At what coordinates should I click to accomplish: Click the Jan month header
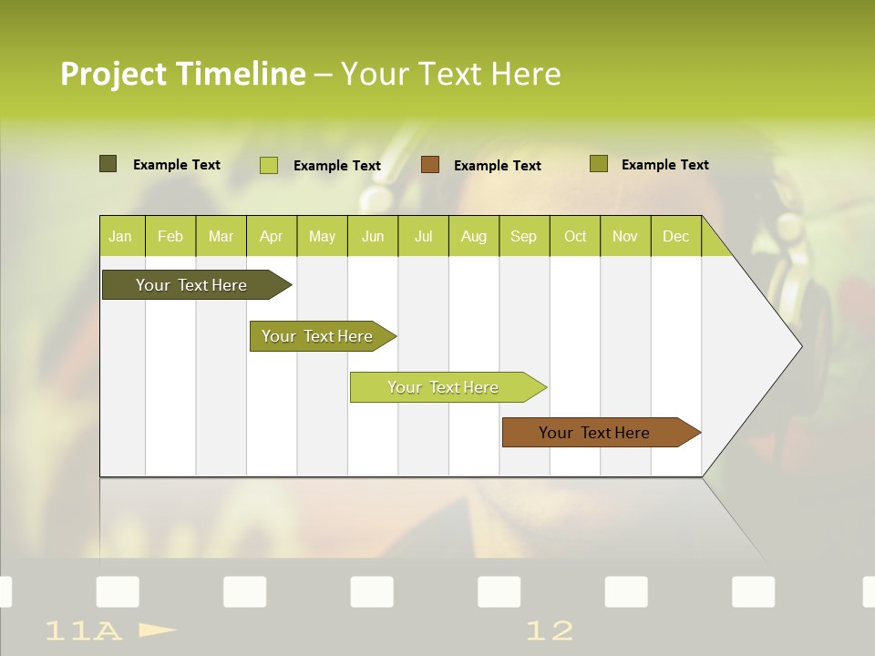[120, 236]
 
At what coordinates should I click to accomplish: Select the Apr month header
[272, 236]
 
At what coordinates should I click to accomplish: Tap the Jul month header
[423, 236]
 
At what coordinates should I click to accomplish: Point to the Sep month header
[523, 236]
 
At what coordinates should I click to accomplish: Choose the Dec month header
[675, 236]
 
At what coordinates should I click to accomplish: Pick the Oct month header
[575, 236]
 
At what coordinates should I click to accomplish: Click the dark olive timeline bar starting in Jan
[192, 285]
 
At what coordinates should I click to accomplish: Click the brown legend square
[430, 165]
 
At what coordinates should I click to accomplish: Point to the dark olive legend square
[108, 164]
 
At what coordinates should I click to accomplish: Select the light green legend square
[269, 165]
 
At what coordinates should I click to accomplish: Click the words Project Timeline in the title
[183, 74]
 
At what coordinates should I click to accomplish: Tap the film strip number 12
[550, 630]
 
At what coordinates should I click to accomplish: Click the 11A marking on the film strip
[83, 630]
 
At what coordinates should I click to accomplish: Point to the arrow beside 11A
[158, 630]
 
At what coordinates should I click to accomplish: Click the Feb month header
[170, 236]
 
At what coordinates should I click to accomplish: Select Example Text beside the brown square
[497, 166]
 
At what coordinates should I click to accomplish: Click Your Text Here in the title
[450, 74]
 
